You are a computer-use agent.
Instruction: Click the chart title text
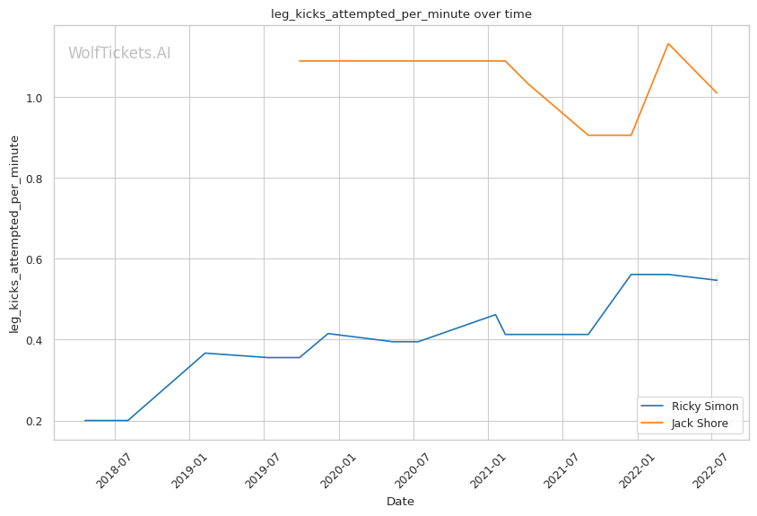point(401,13)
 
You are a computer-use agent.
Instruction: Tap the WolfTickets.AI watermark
point(119,54)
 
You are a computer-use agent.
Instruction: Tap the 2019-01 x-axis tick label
point(188,468)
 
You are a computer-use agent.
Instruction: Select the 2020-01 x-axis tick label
point(337,468)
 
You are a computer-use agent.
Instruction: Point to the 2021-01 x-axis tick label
point(487,468)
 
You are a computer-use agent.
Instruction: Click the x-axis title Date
point(400,502)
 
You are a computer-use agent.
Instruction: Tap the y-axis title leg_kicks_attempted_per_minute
point(15,233)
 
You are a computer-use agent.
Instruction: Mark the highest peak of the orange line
point(668,43)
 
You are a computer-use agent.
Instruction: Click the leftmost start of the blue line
point(84,420)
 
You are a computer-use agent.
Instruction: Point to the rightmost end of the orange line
point(717,92)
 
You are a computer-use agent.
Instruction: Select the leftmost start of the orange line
point(300,61)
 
